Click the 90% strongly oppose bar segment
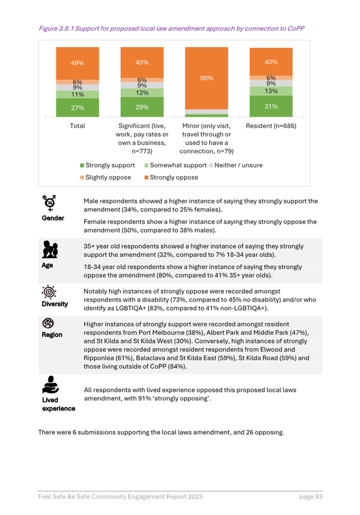click(x=207, y=78)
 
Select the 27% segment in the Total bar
click(x=77, y=107)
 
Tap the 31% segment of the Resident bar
click(x=271, y=106)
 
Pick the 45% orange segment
click(x=142, y=63)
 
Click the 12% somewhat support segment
click(x=142, y=93)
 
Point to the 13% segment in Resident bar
click(x=271, y=91)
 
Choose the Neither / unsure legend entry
click(x=230, y=165)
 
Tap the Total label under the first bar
click(x=77, y=126)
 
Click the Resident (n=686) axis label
click(x=271, y=126)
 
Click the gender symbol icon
click(x=50, y=203)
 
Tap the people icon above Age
click(x=50, y=248)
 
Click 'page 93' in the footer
click(x=310, y=496)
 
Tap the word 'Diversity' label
click(x=55, y=304)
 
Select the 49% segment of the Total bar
click(x=77, y=63)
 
